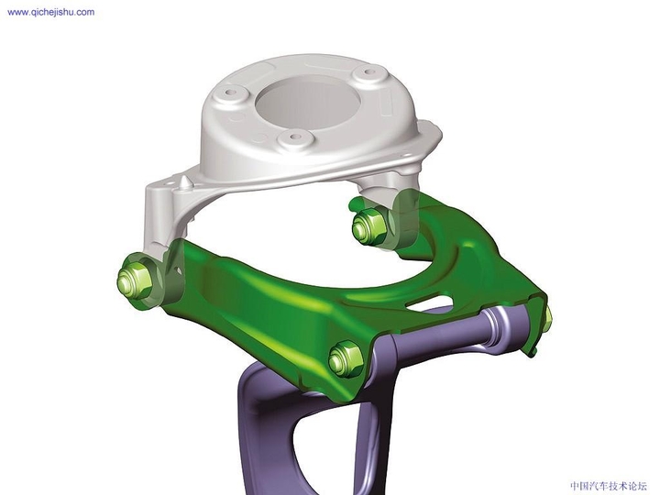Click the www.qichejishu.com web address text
pyautogui.click(x=50, y=13)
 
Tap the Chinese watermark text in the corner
pyautogui.click(x=608, y=486)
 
